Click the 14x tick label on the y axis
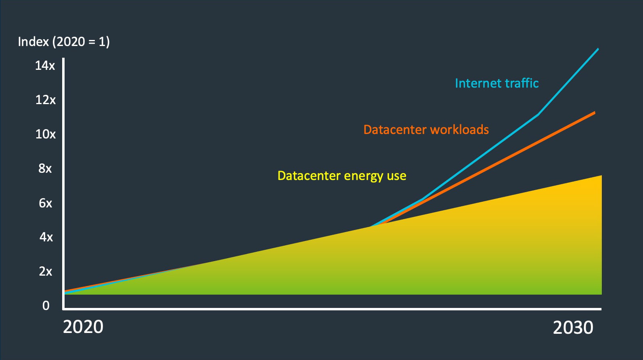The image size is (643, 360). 45,66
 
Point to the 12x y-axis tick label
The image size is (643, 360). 45,100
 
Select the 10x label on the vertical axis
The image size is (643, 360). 45,134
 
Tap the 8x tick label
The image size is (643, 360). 45,169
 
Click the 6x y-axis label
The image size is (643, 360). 45,203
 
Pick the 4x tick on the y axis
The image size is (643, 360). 46,237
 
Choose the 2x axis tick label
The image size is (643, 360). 45,271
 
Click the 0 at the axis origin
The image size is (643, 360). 46,306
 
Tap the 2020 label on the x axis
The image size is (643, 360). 83,327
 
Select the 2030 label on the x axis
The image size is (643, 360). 573,328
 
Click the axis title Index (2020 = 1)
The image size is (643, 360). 64,42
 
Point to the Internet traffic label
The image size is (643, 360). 497,83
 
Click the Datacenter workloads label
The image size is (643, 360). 426,130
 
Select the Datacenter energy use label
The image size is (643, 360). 342,176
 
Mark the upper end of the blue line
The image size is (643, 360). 598,49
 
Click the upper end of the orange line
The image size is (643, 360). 595,113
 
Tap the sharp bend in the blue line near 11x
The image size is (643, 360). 538,115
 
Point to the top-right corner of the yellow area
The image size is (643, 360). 601,176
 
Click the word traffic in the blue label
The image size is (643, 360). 522,83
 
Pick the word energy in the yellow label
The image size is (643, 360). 363,176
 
